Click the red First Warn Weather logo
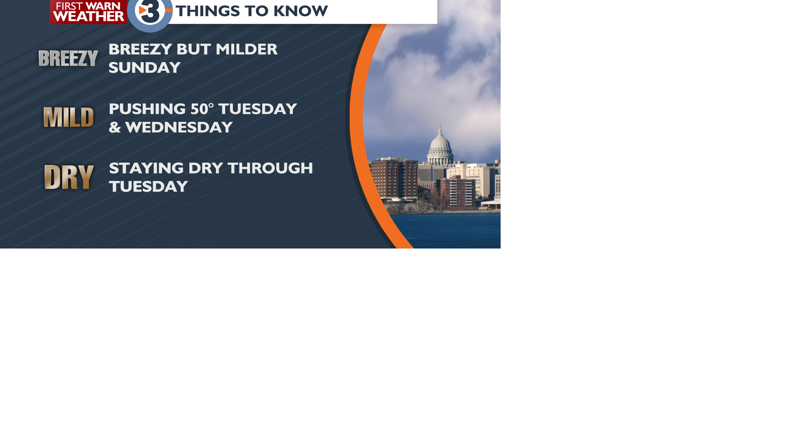tap(88, 12)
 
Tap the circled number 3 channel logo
tap(150, 13)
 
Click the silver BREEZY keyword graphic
tap(68, 58)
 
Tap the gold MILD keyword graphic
tap(69, 117)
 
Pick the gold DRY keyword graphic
tap(69, 177)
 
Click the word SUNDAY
tap(145, 68)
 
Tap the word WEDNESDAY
tap(179, 127)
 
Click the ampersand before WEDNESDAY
tap(115, 127)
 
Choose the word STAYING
tap(146, 168)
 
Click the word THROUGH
tap(270, 168)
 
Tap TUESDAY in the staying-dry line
tap(148, 187)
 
